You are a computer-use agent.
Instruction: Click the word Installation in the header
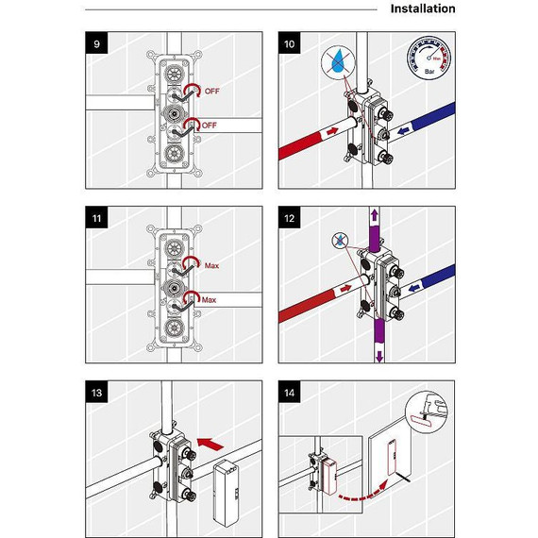pos(423,8)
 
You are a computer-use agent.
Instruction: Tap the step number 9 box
pos(96,43)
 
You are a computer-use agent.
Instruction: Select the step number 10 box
pos(289,43)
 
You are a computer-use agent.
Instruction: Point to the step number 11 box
pos(96,218)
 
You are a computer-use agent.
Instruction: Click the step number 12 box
pos(289,218)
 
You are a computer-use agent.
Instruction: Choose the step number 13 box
pos(96,392)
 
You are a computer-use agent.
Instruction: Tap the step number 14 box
pos(289,392)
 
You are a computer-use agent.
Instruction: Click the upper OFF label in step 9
pos(211,92)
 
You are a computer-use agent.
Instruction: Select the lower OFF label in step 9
pos(209,126)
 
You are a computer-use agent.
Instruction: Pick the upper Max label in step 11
pos(211,265)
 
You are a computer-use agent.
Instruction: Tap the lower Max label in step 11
pos(209,300)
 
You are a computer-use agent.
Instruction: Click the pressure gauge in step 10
pos(429,58)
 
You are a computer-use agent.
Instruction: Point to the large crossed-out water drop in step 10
pos(337,62)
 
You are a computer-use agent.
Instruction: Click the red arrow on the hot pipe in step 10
pos(332,131)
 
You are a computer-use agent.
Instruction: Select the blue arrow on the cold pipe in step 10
pos(406,130)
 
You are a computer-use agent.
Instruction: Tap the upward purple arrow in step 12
pos(374,215)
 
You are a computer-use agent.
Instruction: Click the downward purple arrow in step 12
pos(378,356)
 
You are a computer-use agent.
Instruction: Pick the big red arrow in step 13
pos(210,444)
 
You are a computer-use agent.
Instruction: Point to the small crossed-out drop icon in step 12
pos(340,240)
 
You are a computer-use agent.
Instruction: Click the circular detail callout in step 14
pos(427,412)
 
